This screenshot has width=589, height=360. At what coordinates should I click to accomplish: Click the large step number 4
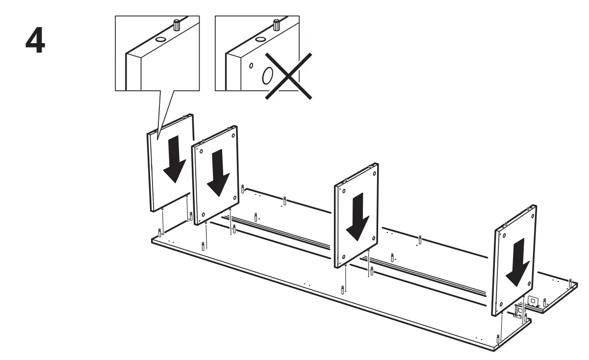(x=35, y=40)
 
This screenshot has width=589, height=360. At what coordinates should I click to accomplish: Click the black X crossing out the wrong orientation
(x=288, y=76)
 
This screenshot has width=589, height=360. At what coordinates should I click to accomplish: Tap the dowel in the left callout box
(x=177, y=25)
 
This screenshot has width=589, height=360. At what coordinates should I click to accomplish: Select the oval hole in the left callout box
(x=160, y=39)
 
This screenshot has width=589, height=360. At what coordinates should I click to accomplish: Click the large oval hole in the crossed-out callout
(x=267, y=76)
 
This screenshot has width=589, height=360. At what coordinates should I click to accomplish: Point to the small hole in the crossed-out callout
(x=252, y=66)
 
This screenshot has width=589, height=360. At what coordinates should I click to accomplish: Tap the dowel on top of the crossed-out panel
(x=277, y=25)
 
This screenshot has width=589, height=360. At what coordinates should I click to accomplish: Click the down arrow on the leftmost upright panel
(x=174, y=159)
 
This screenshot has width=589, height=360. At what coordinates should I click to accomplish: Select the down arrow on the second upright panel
(x=218, y=173)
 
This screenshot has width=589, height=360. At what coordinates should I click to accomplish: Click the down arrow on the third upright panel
(x=358, y=217)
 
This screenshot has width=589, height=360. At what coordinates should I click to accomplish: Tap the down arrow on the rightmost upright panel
(x=517, y=262)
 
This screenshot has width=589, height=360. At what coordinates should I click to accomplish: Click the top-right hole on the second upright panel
(x=233, y=135)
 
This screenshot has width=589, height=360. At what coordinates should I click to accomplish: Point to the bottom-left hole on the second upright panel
(x=203, y=215)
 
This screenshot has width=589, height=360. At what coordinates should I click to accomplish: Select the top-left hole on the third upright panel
(x=344, y=191)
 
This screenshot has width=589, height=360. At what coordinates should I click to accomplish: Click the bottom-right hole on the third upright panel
(x=374, y=238)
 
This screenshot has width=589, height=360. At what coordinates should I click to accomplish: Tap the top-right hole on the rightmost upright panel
(x=533, y=217)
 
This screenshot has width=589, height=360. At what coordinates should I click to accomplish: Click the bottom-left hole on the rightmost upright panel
(x=501, y=305)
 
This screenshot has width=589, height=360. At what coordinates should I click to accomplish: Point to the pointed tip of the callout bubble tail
(x=157, y=140)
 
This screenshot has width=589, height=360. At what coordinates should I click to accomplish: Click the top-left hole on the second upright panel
(x=202, y=151)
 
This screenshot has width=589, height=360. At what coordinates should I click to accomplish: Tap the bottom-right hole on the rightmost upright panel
(x=530, y=283)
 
